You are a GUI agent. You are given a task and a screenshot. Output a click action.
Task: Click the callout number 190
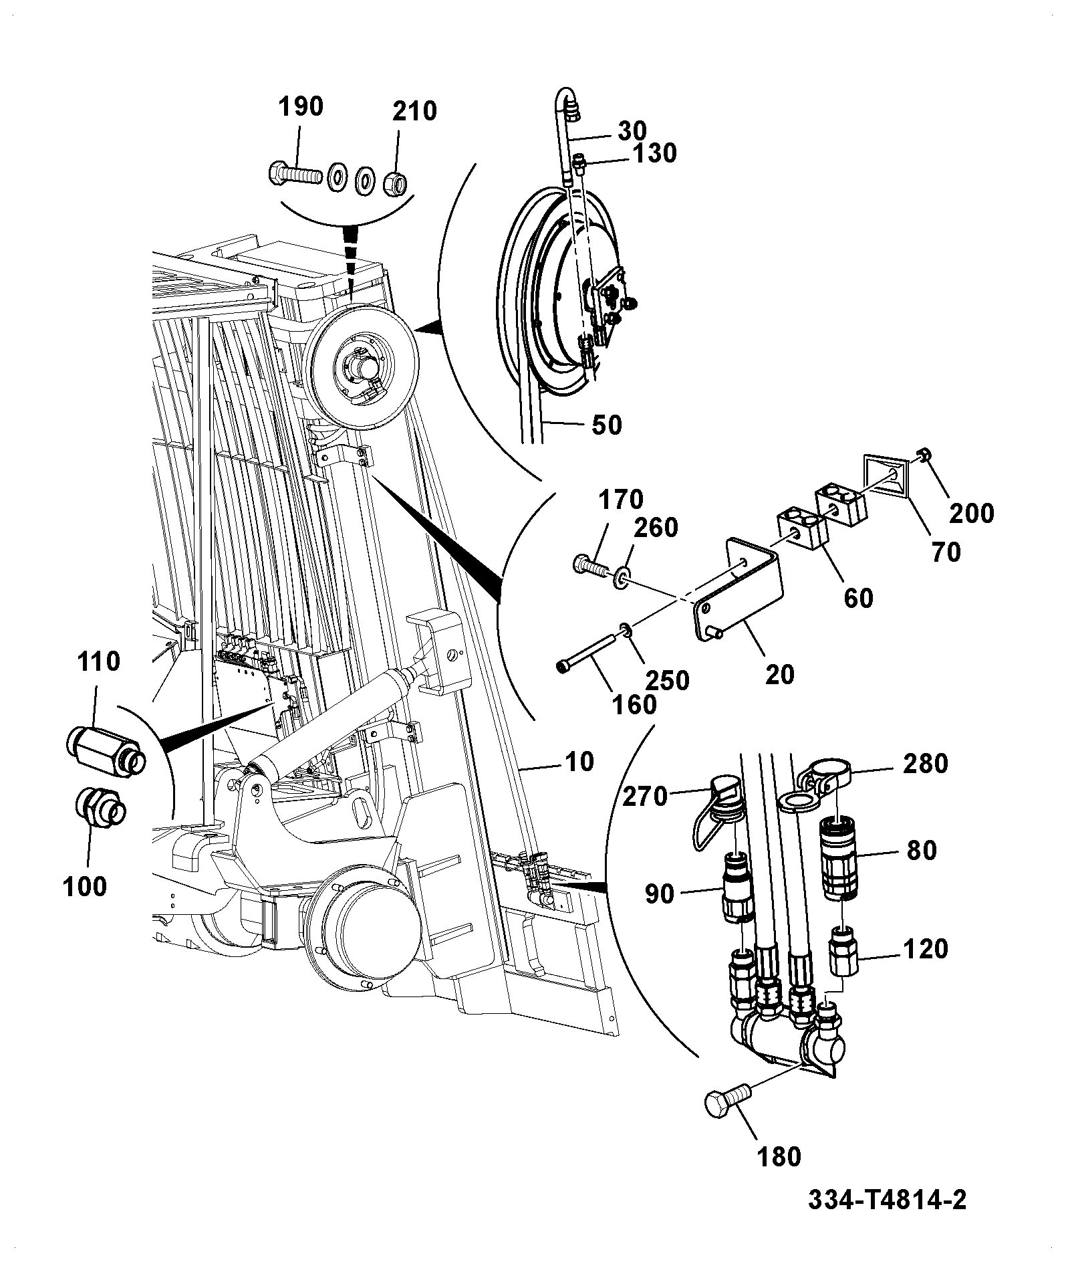coord(300,106)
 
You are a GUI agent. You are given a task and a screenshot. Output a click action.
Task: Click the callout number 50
coord(606,425)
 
